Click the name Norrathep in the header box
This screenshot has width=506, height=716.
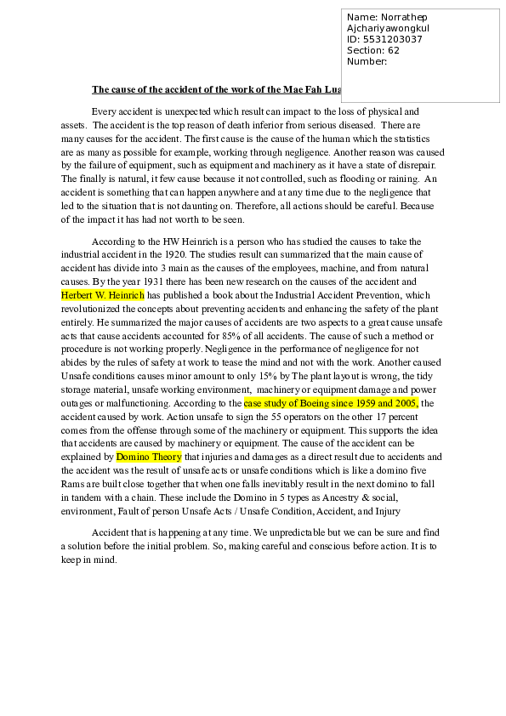[x=403, y=17]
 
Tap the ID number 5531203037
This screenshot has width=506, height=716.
[x=392, y=39]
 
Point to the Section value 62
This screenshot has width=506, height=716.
[x=393, y=50]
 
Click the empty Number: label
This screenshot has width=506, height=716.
[x=367, y=61]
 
